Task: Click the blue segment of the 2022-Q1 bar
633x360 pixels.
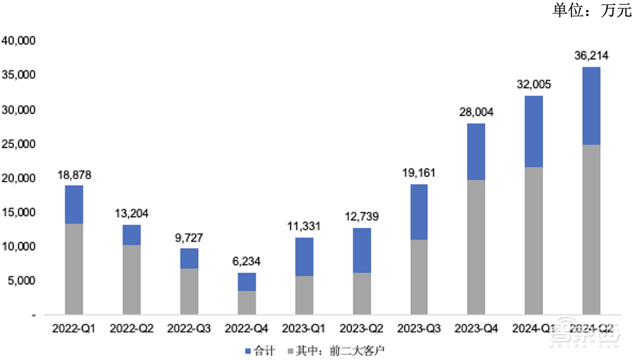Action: [74, 204]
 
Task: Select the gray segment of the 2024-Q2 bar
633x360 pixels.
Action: [591, 229]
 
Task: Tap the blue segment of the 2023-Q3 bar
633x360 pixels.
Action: [418, 212]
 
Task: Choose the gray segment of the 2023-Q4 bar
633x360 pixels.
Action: [476, 247]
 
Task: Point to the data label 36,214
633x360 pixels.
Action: [591, 56]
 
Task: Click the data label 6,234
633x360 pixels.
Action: [247, 261]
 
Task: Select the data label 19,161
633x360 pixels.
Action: [418, 173]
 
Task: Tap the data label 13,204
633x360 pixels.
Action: [132, 213]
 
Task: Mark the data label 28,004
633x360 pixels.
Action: [476, 112]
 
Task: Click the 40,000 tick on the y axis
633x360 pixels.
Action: [21, 41]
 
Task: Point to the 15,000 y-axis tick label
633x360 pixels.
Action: [21, 212]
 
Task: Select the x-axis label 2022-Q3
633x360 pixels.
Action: [189, 328]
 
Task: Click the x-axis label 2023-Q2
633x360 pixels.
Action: [361, 328]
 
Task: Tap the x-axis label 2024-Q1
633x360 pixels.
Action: [534, 328]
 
